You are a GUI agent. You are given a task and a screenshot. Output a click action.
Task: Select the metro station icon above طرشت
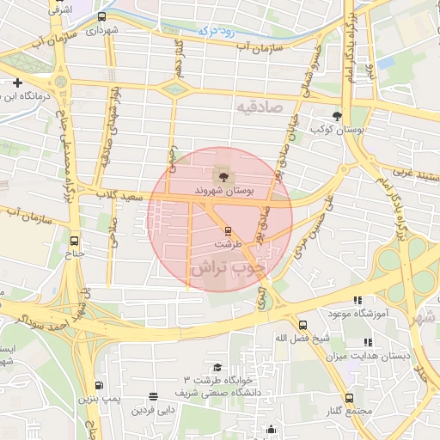pyautogui.click(x=228, y=230)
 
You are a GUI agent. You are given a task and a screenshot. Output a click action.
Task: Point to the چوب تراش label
pyautogui.click(x=230, y=266)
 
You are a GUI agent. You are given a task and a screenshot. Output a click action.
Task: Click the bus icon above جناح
pyautogui.click(x=75, y=241)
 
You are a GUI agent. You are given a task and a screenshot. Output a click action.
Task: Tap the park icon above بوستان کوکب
pyautogui.click(x=337, y=116)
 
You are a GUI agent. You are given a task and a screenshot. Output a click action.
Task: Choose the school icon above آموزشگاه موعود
pyautogui.click(x=356, y=299)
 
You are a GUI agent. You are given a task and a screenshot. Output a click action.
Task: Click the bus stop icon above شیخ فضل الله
pyautogui.click(x=302, y=325)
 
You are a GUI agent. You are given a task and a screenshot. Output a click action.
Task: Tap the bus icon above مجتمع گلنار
pyautogui.click(x=349, y=398)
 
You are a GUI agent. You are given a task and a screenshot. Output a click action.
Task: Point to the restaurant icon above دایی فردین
pyautogui.click(x=153, y=397)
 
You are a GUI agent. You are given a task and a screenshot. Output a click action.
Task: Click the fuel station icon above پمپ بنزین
pyautogui.click(x=99, y=386)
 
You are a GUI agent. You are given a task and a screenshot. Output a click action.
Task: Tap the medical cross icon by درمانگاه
pyautogui.click(x=17, y=82)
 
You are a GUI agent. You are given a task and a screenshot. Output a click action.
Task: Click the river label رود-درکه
pyautogui.click(x=191, y=33)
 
